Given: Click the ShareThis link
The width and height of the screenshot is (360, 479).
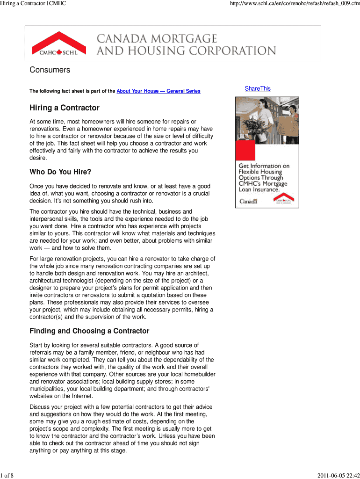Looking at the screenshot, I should (258, 88).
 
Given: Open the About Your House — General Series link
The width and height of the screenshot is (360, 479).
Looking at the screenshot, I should (158, 91).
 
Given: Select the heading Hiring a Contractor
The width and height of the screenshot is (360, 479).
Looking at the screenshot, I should (65, 108).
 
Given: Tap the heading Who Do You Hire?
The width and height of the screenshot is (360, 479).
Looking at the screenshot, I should (60, 172).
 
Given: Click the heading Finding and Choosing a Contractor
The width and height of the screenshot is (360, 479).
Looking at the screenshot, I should (89, 331).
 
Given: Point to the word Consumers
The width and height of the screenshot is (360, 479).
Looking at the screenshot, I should (50, 70).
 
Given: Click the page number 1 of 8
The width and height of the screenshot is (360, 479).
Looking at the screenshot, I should (7, 476).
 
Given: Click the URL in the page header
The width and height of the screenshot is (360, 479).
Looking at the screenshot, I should (289, 4).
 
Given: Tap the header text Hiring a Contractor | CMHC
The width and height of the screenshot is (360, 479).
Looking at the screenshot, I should (33, 4).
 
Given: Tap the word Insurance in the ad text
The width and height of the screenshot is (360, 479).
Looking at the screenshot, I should (266, 190).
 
